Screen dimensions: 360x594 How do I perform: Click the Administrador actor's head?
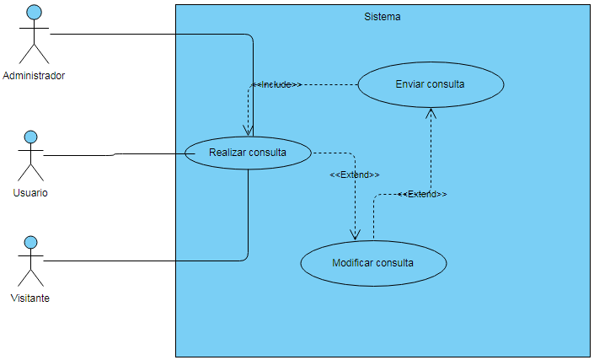click(34, 12)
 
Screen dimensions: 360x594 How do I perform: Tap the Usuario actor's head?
click(31, 136)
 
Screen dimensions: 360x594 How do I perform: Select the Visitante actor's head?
click(31, 242)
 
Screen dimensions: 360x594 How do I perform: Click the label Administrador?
click(34, 76)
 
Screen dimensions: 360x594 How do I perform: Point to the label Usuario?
click(30, 192)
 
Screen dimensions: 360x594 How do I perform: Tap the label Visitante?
click(29, 298)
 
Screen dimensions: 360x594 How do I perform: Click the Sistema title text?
click(383, 17)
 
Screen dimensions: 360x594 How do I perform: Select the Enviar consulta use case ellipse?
click(431, 84)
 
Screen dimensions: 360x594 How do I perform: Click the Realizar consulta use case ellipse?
click(248, 153)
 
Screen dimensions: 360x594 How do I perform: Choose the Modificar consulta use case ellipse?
click(373, 262)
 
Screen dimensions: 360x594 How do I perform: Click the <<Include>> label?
click(277, 85)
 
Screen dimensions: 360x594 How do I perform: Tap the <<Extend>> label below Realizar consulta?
click(354, 175)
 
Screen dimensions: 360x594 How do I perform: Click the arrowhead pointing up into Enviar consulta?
click(431, 113)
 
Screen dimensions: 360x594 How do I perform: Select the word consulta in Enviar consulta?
click(446, 84)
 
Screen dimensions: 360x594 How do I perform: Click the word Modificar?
click(353, 262)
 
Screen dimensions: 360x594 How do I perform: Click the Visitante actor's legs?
click(31, 278)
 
